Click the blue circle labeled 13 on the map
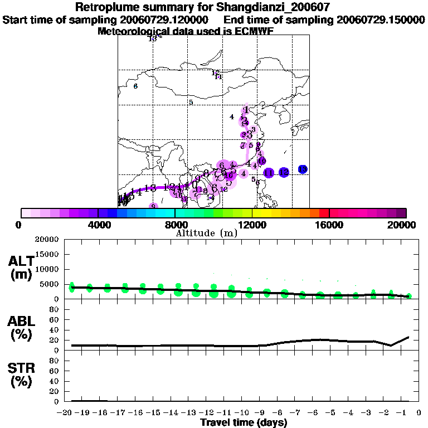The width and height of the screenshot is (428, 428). click(303, 169)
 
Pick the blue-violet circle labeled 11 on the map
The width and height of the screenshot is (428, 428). click(268, 173)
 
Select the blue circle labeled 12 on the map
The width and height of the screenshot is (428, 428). click(284, 172)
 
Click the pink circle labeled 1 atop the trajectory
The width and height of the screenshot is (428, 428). click(246, 110)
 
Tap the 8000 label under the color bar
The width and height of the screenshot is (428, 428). click(175, 225)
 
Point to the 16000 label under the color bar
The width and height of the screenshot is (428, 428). click(329, 225)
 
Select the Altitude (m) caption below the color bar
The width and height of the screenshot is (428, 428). click(206, 233)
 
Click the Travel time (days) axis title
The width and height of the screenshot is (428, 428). click(244, 422)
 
